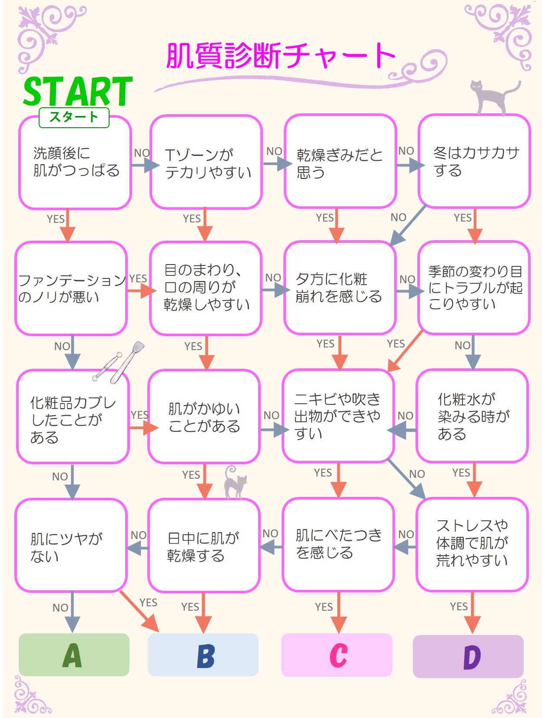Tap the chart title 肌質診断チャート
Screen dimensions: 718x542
pos(281,56)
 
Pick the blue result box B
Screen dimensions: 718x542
pos(203,655)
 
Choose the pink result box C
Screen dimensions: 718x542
pos(337,655)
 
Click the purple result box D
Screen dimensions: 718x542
pos(468,656)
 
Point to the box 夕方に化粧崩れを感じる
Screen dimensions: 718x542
pos(340,288)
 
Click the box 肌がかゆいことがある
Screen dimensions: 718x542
pos(204,417)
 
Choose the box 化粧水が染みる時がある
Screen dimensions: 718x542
pos(472,416)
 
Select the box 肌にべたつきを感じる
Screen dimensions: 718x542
pos(338,544)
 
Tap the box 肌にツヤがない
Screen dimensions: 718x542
pos(71,546)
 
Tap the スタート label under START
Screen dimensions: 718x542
pos(74,117)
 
